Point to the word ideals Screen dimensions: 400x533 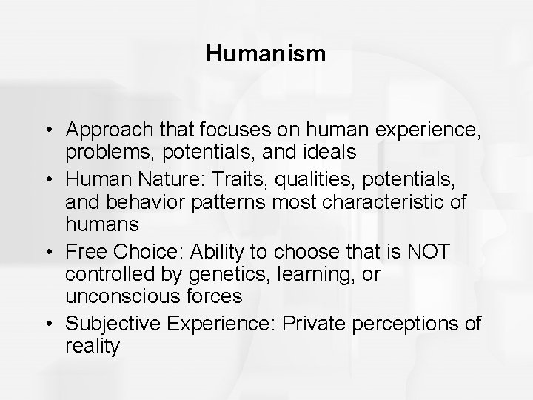[x=315, y=152]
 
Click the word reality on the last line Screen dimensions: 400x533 [x=92, y=345]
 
